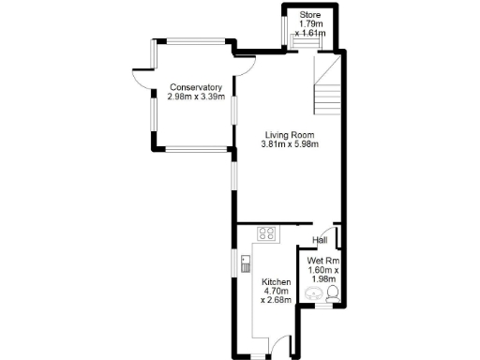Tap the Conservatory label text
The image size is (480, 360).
tap(195, 87)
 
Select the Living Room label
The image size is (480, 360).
tap(290, 134)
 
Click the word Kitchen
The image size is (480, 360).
tap(276, 282)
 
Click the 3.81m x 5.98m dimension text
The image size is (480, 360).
tap(290, 144)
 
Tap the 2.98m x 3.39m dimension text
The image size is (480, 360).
tap(195, 97)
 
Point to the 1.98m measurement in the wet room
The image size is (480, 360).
tap(322, 278)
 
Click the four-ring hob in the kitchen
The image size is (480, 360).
tap(267, 234)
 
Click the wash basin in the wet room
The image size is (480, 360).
tap(314, 294)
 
